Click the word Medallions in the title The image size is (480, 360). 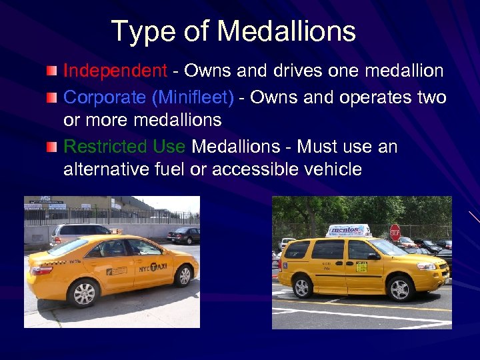click(287, 31)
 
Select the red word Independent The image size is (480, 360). click(115, 71)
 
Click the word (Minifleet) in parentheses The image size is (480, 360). click(193, 97)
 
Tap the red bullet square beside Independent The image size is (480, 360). click(51, 71)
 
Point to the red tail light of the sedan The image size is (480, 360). click(41, 269)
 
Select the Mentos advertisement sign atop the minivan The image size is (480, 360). click(349, 230)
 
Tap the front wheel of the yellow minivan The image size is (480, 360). click(400, 289)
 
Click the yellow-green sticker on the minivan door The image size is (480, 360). click(361, 267)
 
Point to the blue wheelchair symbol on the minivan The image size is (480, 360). click(285, 265)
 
